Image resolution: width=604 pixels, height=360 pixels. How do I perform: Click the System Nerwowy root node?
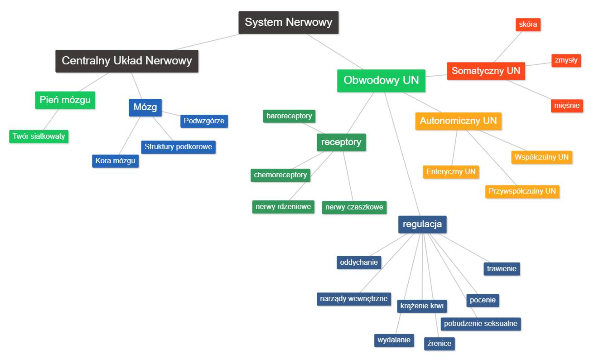[288, 22]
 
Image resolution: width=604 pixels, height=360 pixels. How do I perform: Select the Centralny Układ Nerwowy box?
[127, 61]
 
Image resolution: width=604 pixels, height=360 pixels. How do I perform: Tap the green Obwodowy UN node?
[381, 81]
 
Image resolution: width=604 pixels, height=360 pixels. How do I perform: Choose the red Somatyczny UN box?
[486, 71]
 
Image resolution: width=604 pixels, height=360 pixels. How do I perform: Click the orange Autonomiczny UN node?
[458, 121]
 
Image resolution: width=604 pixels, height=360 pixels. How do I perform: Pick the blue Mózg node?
[145, 107]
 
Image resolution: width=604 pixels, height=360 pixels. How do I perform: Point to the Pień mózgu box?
[65, 100]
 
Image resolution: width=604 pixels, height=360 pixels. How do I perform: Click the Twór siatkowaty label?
[39, 136]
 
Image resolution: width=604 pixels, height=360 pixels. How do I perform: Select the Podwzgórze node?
[204, 121]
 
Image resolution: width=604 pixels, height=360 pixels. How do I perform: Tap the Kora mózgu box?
[115, 161]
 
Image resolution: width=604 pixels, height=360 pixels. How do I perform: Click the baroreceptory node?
[289, 116]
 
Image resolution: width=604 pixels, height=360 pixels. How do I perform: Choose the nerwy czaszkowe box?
[354, 207]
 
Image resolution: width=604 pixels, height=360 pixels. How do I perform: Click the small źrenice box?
[439, 343]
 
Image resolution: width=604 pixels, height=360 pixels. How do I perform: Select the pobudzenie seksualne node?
[480, 324]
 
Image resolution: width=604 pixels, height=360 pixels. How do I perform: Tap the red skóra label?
[528, 24]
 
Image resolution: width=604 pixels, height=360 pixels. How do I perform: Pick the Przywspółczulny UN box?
[522, 191]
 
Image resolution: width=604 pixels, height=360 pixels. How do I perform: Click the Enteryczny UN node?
[450, 171]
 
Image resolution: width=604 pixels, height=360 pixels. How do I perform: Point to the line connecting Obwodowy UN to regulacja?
[401, 154]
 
